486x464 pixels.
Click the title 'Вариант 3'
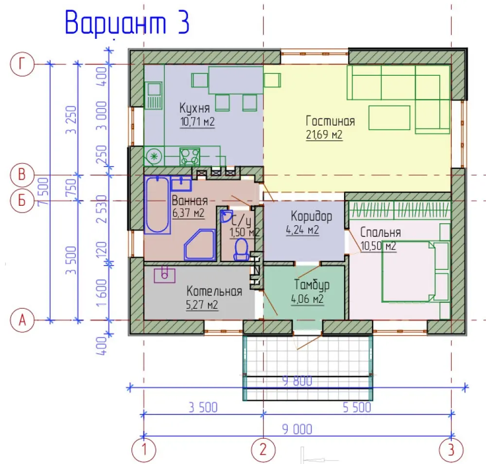click(x=127, y=23)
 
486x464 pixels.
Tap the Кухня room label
click(x=195, y=108)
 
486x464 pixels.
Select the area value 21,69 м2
click(x=324, y=134)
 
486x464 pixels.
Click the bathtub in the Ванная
click(x=157, y=205)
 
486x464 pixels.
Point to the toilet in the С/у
click(x=241, y=250)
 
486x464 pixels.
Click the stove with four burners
click(x=190, y=157)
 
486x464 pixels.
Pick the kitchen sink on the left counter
click(x=154, y=95)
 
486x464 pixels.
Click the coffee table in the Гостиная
click(x=389, y=117)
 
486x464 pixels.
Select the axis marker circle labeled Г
click(x=22, y=65)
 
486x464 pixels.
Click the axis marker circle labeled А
click(x=22, y=320)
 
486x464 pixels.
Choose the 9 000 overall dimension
click(x=297, y=430)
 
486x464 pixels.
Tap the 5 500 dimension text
click(x=357, y=407)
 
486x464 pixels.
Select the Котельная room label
click(x=214, y=291)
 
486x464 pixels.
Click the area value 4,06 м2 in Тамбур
click(x=308, y=299)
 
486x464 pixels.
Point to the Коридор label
click(x=311, y=216)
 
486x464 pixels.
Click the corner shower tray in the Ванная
click(x=200, y=245)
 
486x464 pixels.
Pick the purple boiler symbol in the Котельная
click(x=165, y=275)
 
